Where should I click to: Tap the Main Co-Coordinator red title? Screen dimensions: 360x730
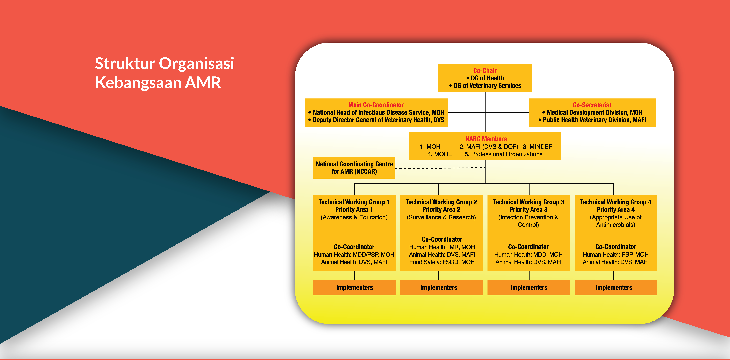376,105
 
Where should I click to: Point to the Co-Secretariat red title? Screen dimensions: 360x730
592,105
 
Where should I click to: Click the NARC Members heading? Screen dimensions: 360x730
486,139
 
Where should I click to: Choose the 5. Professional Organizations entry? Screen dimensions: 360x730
503,154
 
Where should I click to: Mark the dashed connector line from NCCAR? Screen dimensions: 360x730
439,168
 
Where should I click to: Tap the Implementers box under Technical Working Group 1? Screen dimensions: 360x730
354,287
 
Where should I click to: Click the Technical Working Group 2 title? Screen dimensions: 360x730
441,202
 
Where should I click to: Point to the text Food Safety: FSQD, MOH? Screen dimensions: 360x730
442,262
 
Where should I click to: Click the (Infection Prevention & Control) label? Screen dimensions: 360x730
528,221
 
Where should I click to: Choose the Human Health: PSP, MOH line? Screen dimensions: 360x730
616,255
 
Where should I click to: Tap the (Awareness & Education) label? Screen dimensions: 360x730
354,217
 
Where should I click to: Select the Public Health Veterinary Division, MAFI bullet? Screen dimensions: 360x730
594,120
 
